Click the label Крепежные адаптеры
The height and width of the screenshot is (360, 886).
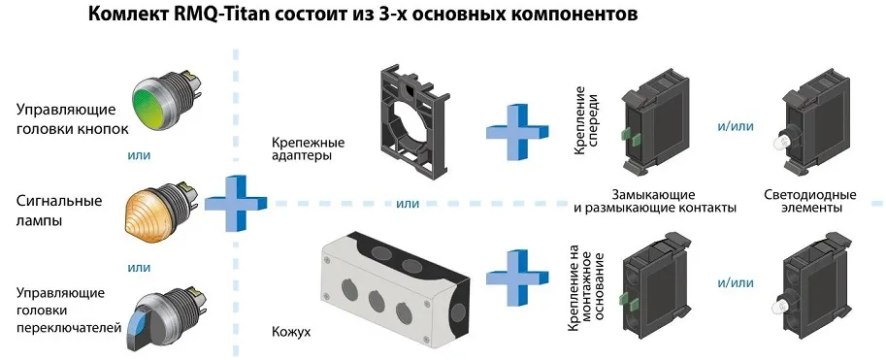click(x=308, y=148)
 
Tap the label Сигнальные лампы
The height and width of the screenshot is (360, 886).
click(x=59, y=212)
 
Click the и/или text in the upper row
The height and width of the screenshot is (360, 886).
click(x=735, y=125)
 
